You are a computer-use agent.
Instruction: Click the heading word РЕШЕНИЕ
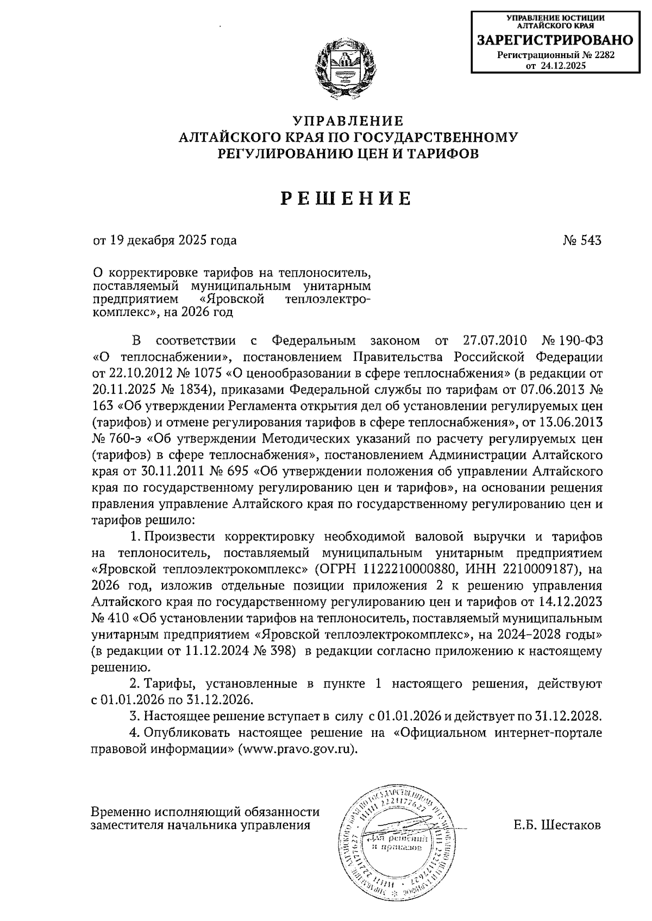pos(346,199)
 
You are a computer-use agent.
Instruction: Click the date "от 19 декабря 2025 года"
pos(165,240)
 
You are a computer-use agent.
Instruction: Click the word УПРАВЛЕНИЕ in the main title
pos(349,120)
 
